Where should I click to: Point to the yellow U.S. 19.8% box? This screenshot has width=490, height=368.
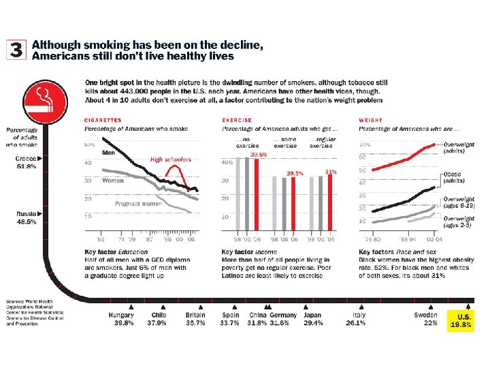tap(461, 319)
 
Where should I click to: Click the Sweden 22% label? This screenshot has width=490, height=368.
tap(426, 319)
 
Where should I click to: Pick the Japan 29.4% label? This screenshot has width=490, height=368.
tap(312, 319)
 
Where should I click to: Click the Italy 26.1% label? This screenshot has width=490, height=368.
tap(359, 319)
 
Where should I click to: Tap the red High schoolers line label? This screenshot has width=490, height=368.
tap(171, 159)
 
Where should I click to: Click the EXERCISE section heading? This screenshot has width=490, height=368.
tap(237, 120)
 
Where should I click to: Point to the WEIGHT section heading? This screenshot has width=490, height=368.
tap(370, 120)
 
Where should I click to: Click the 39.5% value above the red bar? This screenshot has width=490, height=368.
tap(259, 155)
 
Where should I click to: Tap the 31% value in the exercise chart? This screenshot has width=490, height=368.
tap(331, 172)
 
